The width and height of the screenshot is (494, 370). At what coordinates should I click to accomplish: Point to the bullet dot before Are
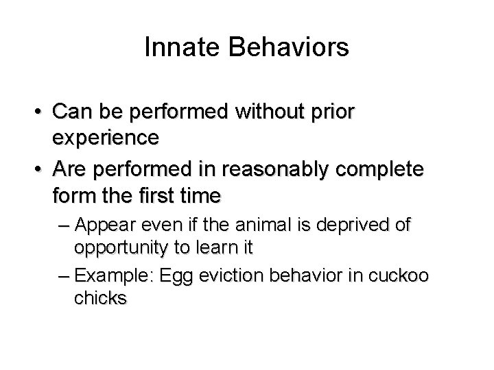coord(43,169)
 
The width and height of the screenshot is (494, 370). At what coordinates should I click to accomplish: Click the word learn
coord(212,248)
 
